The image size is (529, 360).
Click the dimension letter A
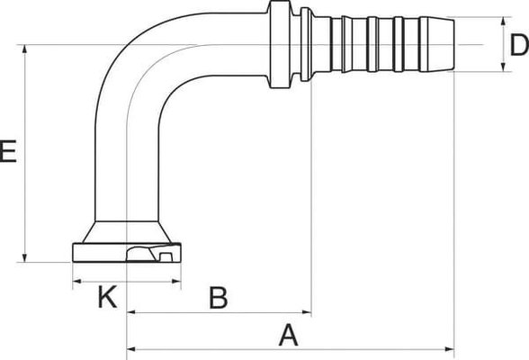pos(287,335)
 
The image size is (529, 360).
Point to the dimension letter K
pos(106,298)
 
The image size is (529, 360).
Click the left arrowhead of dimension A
pos(130,347)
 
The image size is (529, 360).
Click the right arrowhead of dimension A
pos(450,347)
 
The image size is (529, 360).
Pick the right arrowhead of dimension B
pos(307,314)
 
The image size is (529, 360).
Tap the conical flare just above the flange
pos(126,229)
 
